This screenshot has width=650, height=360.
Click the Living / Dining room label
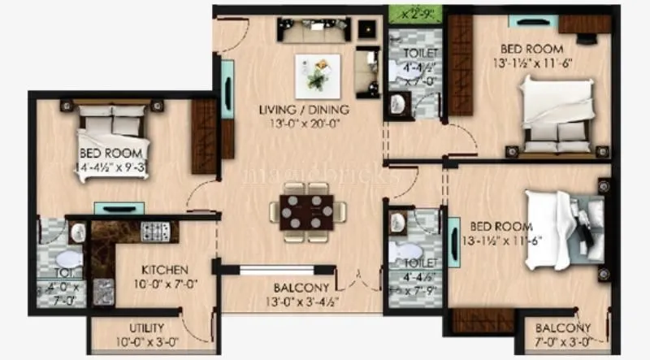[305, 110]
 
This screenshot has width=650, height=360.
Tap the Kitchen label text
[166, 270]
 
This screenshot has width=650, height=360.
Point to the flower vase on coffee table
[316, 72]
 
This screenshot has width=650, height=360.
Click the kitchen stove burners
[154, 232]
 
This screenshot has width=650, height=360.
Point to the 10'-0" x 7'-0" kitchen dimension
[166, 284]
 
